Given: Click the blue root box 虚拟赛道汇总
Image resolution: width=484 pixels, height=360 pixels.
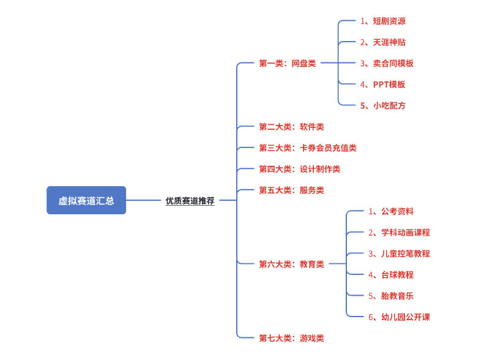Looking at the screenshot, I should (86, 200).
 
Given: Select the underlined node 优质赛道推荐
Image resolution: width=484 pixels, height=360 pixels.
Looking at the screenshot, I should (190, 200).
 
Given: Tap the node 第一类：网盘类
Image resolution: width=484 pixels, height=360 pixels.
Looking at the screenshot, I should (287, 63).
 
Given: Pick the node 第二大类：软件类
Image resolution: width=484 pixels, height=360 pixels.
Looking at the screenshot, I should (291, 127).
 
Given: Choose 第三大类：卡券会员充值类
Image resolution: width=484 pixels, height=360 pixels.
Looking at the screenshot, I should (307, 148).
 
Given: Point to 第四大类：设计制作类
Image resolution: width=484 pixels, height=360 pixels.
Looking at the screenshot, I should (299, 169).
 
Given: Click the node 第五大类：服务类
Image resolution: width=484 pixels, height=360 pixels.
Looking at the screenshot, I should (291, 190).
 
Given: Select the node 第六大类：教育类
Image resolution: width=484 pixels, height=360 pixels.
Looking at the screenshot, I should (291, 264).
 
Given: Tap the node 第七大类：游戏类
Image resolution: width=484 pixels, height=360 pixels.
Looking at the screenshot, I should (291, 338).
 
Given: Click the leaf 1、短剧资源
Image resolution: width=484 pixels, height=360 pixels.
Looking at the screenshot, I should (382, 21).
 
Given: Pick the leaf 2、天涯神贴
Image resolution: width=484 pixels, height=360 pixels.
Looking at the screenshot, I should (382, 42).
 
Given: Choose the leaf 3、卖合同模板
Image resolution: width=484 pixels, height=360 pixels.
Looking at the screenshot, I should (387, 63).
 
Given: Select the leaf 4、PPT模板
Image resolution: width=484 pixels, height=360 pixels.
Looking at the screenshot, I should (382, 84).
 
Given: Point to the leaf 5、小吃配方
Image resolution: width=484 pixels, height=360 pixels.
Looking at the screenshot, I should (382, 105).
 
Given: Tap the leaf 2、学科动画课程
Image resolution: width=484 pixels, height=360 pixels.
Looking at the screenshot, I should (399, 233).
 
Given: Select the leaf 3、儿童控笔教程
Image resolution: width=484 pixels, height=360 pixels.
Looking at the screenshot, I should (399, 253).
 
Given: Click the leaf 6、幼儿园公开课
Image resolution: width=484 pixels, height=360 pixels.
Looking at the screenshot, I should (399, 317).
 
